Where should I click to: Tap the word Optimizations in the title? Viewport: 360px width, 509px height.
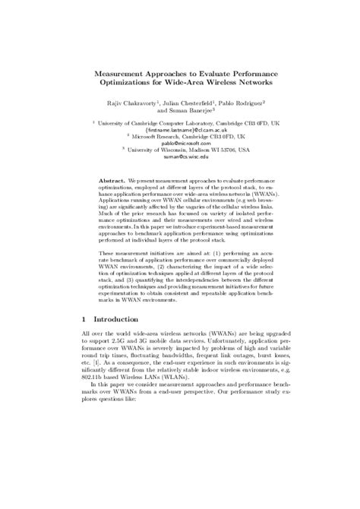click(125, 82)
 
